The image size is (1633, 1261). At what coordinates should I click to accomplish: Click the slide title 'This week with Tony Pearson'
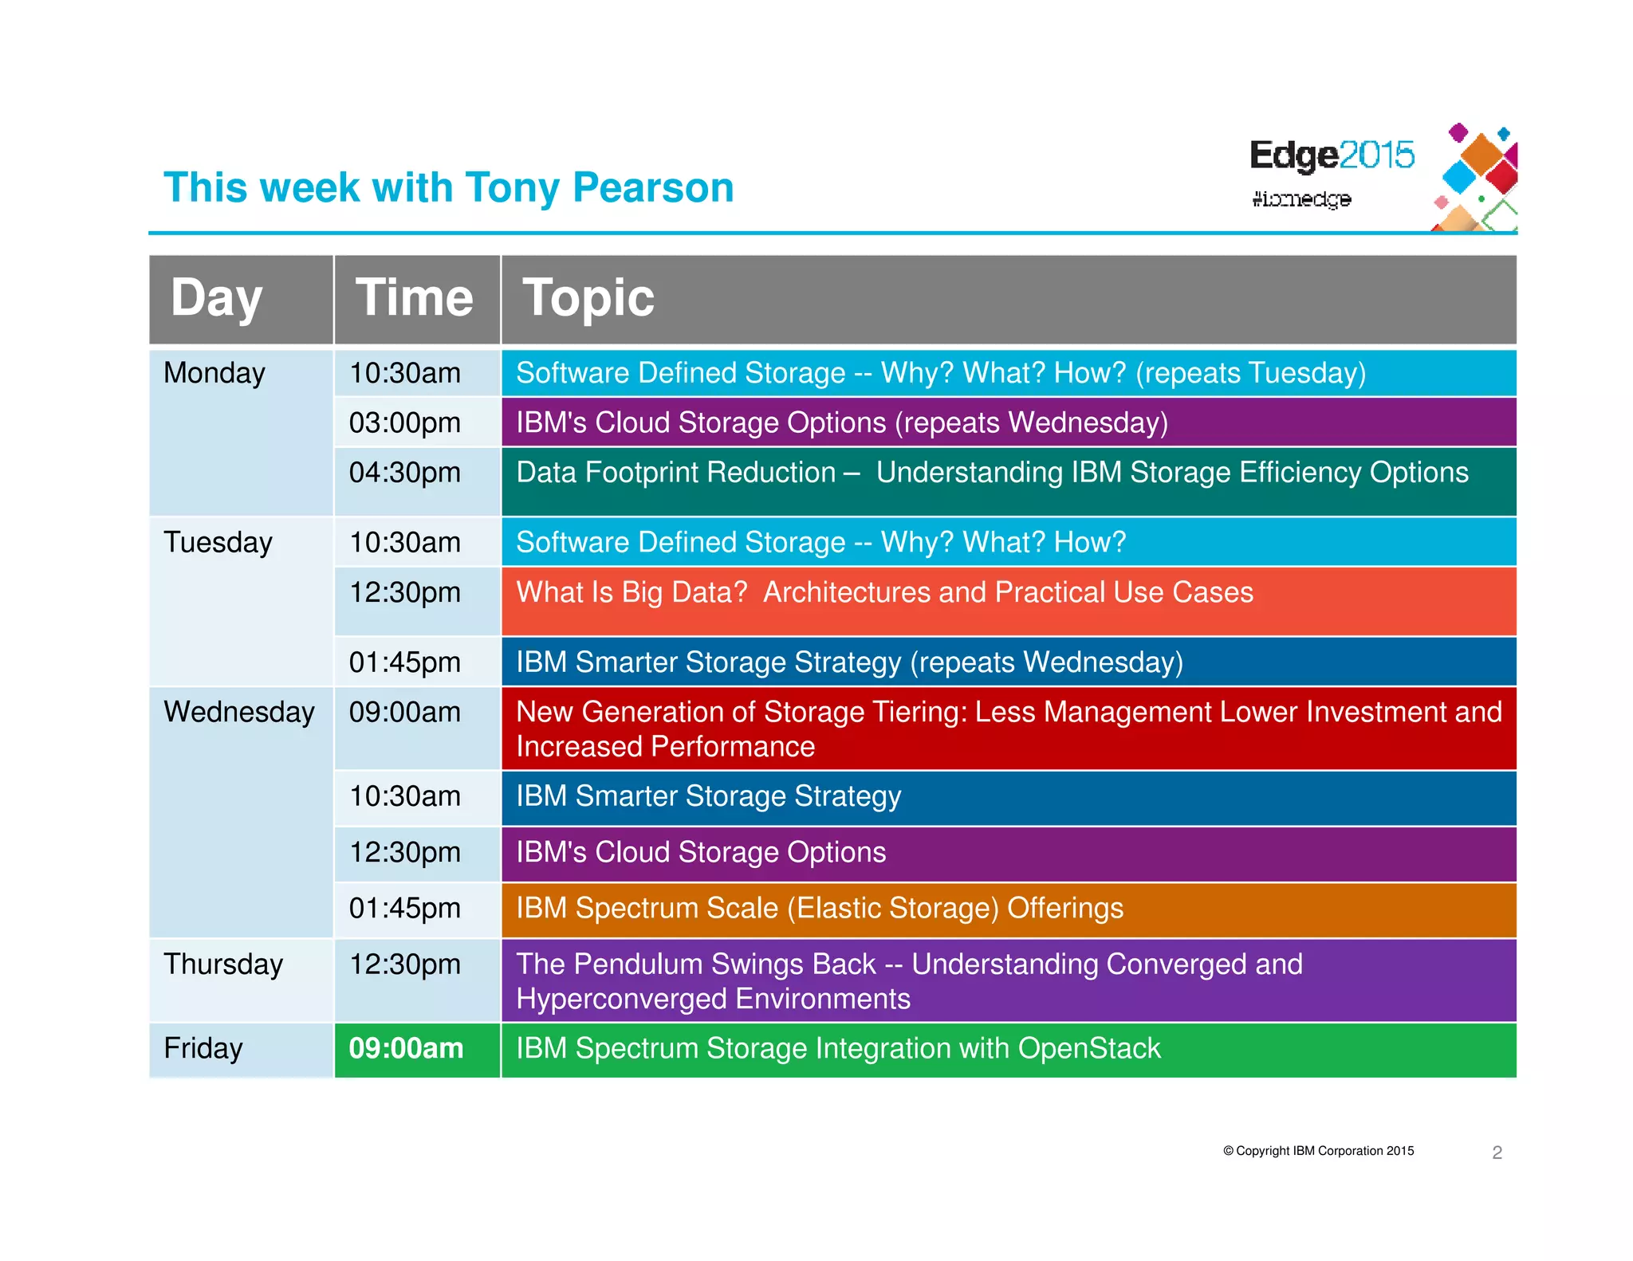448,188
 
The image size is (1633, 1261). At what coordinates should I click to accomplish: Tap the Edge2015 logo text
1331,155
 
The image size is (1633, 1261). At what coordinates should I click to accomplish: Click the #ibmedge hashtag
1300,198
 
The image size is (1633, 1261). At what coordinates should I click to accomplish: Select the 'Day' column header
217,298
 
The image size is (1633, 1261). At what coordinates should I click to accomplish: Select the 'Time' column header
415,298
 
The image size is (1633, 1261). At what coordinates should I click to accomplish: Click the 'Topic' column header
588,298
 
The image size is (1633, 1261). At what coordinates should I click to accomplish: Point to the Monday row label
214,373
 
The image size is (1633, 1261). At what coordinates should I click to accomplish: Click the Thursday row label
223,964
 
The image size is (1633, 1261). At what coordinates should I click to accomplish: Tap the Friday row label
203,1048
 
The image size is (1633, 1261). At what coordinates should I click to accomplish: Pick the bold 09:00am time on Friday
406,1048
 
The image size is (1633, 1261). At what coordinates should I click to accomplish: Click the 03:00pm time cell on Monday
405,422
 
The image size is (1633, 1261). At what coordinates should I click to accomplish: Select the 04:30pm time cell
405,473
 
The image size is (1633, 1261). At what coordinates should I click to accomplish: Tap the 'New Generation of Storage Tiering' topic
1008,729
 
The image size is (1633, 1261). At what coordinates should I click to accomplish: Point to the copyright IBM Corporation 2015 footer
1318,1151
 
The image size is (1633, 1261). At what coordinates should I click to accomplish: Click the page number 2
1497,1153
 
